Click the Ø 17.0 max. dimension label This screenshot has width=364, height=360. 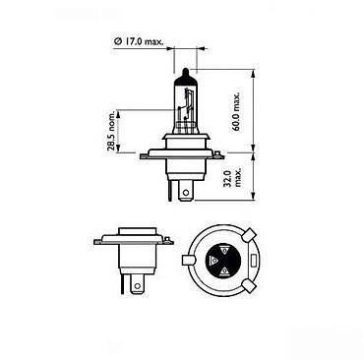pyautogui.click(x=139, y=41)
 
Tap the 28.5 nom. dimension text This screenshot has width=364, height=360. pyautogui.click(x=111, y=131)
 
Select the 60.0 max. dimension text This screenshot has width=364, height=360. pyautogui.click(x=236, y=111)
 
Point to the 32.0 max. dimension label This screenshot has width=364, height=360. pyautogui.click(x=233, y=178)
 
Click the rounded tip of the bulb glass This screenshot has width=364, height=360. pyautogui.click(x=186, y=71)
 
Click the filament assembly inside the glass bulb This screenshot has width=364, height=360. pyautogui.click(x=185, y=108)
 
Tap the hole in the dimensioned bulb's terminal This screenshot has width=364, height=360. pyautogui.click(x=186, y=192)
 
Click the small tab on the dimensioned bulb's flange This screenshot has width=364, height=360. pyautogui.click(x=218, y=153)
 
